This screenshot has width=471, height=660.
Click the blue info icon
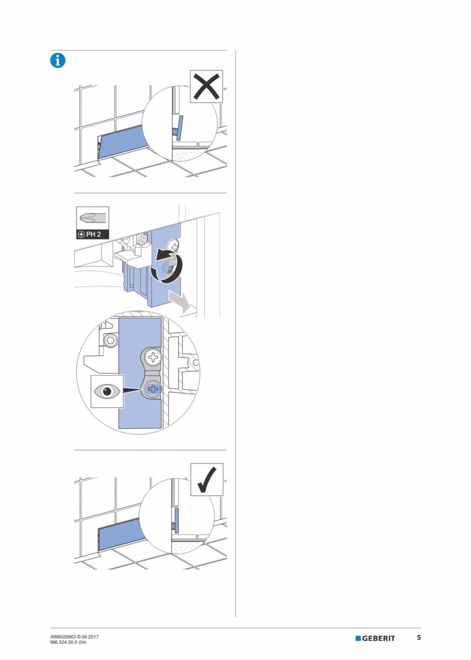pyautogui.click(x=57, y=60)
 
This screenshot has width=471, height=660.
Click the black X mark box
pyautogui.click(x=207, y=86)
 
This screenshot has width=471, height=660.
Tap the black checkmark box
pyautogui.click(x=207, y=479)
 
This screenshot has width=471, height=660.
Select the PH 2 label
pyautogui.click(x=93, y=235)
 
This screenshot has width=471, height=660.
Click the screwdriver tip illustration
pyautogui.click(x=92, y=218)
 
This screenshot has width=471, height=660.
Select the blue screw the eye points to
pyautogui.click(x=152, y=390)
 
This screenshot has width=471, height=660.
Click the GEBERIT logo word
pyautogui.click(x=379, y=639)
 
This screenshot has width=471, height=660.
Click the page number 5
pyautogui.click(x=419, y=638)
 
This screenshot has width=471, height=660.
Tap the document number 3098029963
pyautogui.click(x=62, y=636)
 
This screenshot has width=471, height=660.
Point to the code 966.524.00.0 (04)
pyautogui.click(x=69, y=643)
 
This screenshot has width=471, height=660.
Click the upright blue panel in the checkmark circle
pyautogui.click(x=177, y=520)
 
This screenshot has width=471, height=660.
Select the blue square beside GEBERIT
pyautogui.click(x=358, y=639)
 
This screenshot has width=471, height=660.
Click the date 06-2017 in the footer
pyautogui.click(x=91, y=636)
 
